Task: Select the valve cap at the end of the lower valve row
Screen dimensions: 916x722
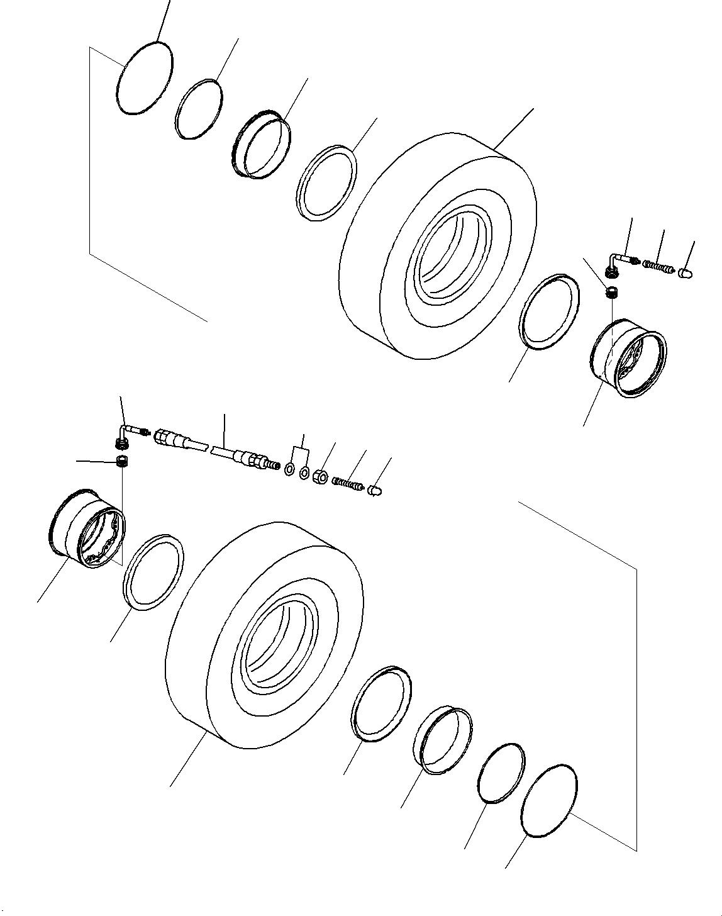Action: click(375, 490)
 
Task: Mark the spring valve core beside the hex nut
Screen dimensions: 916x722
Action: click(348, 484)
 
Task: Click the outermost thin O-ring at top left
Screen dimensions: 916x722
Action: click(145, 79)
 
